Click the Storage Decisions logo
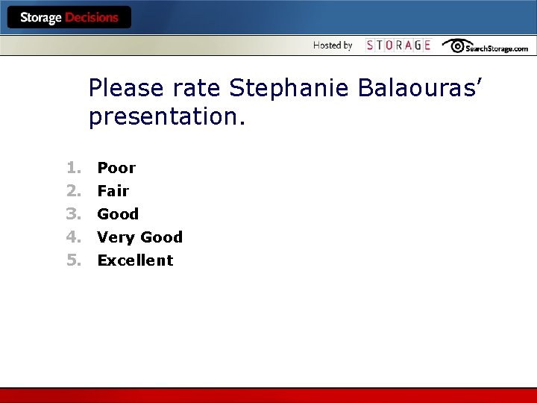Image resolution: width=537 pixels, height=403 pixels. tap(69, 17)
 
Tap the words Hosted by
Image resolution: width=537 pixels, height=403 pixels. tap(333, 46)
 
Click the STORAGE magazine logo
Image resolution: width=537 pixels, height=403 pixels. tap(398, 46)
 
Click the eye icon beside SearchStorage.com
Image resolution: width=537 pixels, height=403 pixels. tap(454, 46)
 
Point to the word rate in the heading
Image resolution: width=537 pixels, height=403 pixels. tap(197, 89)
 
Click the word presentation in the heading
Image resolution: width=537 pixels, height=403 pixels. tap(166, 116)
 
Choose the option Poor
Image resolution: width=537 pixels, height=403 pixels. tap(116, 168)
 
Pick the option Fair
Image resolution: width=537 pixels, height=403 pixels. tap(113, 191)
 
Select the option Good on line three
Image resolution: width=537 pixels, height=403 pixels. tap(118, 214)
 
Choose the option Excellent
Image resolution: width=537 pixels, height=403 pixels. tap(135, 260)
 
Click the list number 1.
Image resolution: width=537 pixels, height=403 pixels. tap(72, 168)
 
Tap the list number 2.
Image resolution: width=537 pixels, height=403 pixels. tap(72, 191)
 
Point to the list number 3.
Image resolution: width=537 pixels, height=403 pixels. tap(72, 214)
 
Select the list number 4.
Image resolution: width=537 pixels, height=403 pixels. tap(72, 237)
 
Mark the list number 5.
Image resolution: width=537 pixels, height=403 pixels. tap(72, 260)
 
